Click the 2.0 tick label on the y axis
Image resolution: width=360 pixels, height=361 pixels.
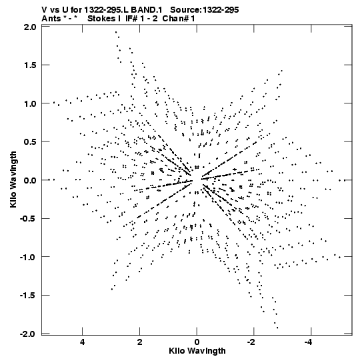coord(30,27)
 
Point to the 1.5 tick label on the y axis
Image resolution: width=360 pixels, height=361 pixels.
coord(30,65)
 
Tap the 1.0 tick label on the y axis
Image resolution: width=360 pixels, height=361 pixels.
coord(30,103)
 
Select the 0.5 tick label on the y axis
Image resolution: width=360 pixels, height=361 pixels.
coord(30,142)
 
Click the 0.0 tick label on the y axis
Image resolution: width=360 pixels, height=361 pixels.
coord(30,180)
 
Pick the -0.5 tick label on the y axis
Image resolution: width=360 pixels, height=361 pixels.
coord(28,218)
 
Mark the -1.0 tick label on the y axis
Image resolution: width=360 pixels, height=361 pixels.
coord(28,257)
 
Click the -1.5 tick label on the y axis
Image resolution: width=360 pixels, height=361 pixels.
coord(28,295)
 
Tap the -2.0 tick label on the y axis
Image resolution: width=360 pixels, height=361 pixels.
coord(28,334)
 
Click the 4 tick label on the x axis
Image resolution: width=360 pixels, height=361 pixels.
coord(83,342)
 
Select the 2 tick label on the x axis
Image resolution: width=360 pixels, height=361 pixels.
coord(139,342)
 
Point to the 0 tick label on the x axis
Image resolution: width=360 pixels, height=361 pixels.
coord(197,342)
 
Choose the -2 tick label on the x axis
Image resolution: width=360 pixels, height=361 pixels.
coord(251,342)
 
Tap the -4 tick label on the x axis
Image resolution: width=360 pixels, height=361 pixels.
coord(309,342)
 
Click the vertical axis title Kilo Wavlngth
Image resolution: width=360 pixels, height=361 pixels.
coord(13,179)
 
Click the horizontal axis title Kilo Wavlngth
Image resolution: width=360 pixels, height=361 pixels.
coord(197,351)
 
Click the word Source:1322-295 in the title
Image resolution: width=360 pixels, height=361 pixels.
coord(205,10)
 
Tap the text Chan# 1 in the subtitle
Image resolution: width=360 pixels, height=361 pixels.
coord(179,19)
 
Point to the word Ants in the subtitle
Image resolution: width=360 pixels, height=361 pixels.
coord(51,19)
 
